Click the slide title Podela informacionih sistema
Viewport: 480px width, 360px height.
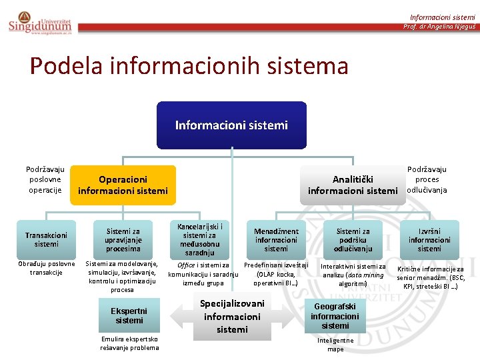click(x=189, y=66)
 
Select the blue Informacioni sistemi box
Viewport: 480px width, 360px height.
click(x=231, y=125)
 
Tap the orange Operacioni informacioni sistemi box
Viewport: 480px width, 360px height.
click(x=123, y=185)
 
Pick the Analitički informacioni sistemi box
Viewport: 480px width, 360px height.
click(x=352, y=185)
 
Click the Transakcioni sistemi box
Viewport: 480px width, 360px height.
click(x=47, y=240)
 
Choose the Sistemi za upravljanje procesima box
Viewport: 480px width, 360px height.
click(x=123, y=240)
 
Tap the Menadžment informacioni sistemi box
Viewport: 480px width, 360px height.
click(x=276, y=240)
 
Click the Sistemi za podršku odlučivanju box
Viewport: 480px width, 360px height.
click(x=353, y=240)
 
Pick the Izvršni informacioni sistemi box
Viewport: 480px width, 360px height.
click(x=429, y=240)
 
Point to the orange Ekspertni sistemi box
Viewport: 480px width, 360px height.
click(x=129, y=315)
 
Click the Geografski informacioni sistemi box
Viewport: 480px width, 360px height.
click(x=335, y=316)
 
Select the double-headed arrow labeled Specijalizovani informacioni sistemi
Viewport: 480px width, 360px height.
click(x=231, y=316)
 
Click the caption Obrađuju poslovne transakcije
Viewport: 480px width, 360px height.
click(x=47, y=268)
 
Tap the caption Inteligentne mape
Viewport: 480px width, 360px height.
click(x=335, y=345)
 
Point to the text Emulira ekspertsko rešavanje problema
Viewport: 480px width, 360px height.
click(x=129, y=343)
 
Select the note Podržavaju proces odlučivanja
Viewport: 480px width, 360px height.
click(x=427, y=179)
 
